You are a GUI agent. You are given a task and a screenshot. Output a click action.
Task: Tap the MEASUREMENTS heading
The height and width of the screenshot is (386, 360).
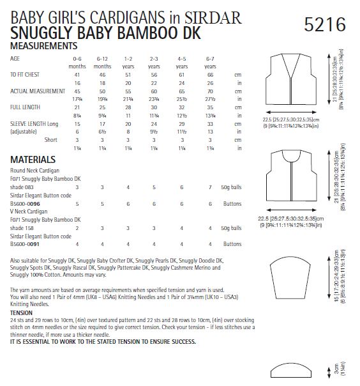coord(44,46)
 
